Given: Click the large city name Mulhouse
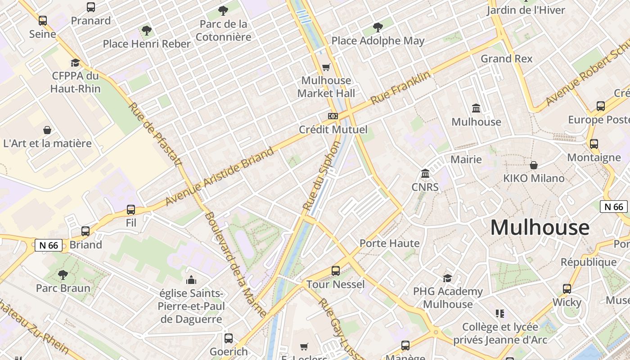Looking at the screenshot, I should (x=540, y=227).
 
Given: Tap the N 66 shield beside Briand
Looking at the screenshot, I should (x=49, y=245).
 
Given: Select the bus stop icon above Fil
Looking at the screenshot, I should (x=131, y=210).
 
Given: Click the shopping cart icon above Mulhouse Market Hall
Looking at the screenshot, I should (x=326, y=67).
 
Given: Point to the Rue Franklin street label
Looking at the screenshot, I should (x=400, y=89).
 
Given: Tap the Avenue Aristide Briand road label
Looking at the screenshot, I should (x=220, y=176).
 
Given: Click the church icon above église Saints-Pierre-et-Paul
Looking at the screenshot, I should (x=191, y=280).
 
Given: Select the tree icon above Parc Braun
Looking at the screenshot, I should (x=63, y=274).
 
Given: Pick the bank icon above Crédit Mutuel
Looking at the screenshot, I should (x=333, y=116).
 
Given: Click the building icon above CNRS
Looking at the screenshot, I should (x=425, y=173).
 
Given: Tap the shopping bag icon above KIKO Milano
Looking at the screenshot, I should (x=534, y=165).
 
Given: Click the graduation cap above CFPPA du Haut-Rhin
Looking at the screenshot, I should (x=75, y=63).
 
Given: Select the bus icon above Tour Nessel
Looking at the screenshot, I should (x=336, y=271).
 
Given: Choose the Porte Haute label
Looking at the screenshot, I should (x=389, y=243).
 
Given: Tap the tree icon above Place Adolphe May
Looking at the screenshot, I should (x=378, y=27).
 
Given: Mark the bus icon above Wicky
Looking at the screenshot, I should (x=567, y=289).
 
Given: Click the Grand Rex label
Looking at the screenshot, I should (x=506, y=58).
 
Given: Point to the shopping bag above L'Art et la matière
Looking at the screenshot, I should (x=47, y=130).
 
